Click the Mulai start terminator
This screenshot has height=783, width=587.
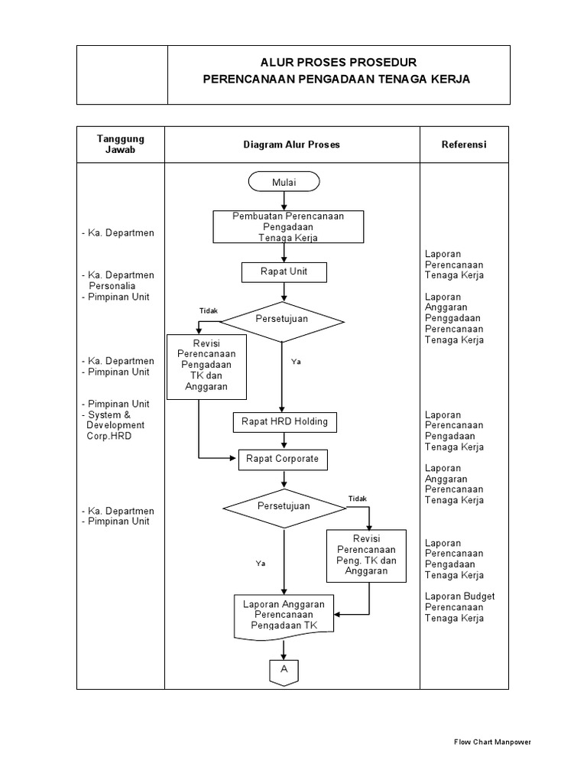coord(284,182)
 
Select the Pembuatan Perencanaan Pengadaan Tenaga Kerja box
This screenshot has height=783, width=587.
coord(288,227)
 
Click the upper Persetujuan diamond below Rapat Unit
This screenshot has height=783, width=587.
coord(283,319)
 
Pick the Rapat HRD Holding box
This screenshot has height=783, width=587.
coord(284,421)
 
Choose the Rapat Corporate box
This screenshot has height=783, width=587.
coord(283,460)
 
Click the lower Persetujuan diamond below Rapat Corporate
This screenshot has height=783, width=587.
coord(283,506)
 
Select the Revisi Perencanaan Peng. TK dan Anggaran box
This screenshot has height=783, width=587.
coord(366,555)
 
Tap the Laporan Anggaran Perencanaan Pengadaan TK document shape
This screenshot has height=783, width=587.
coord(284,615)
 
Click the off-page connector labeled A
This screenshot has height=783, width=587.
coord(284,669)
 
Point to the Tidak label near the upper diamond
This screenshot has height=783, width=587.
coord(209,310)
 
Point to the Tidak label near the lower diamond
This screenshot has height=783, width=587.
coord(358,499)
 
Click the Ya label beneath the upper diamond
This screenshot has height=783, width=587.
coord(296,362)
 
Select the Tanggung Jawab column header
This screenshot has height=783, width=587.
coord(120,144)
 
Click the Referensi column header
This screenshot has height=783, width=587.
coord(464,145)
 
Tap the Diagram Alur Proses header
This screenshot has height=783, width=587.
coord(292,145)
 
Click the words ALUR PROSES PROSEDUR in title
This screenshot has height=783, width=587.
coord(339,63)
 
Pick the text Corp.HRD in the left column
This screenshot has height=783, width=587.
coord(109,436)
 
